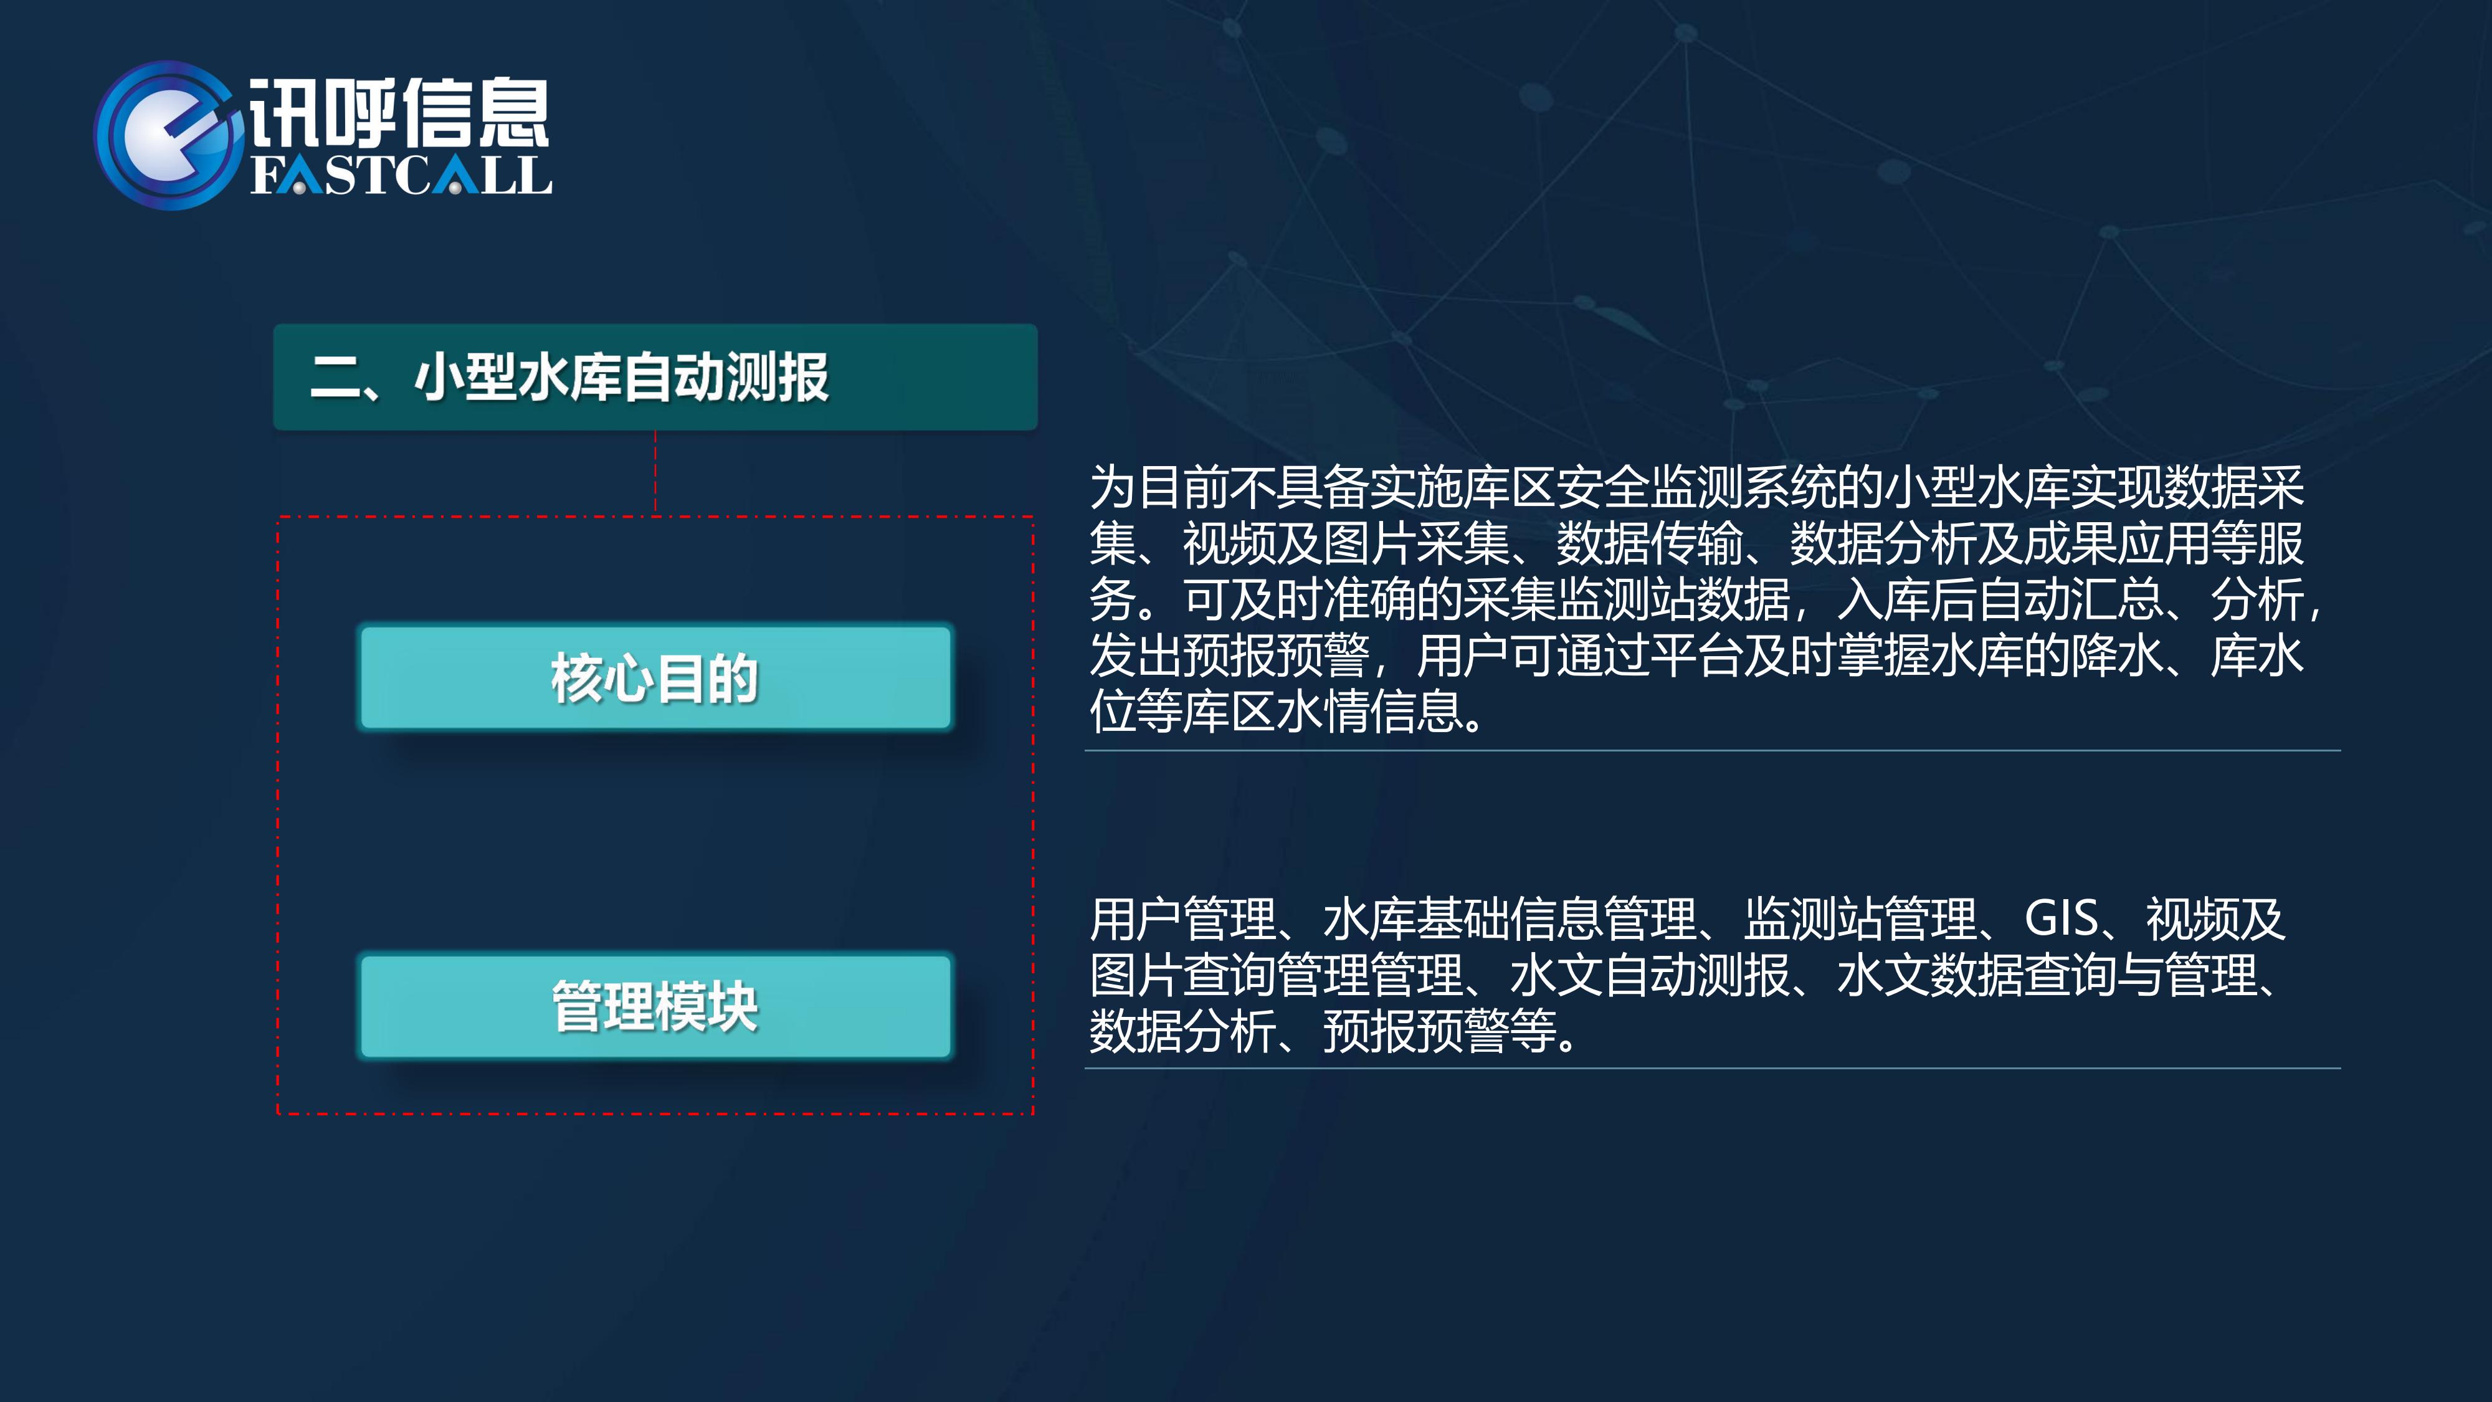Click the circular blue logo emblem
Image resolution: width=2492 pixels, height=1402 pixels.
[166, 135]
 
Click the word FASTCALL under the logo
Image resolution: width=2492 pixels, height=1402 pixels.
[401, 175]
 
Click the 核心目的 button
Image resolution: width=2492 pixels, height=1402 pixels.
[655, 677]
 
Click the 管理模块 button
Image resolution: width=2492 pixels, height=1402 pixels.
[655, 1006]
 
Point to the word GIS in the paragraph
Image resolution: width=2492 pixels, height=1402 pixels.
[2062, 918]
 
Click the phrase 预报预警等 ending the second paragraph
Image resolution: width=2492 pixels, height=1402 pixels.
[1440, 1031]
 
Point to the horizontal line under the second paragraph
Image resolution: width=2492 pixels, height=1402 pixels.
[1712, 1068]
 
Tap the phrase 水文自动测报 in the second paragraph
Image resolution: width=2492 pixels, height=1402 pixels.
[1650, 975]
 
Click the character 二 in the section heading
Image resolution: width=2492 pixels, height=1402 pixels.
[335, 378]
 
